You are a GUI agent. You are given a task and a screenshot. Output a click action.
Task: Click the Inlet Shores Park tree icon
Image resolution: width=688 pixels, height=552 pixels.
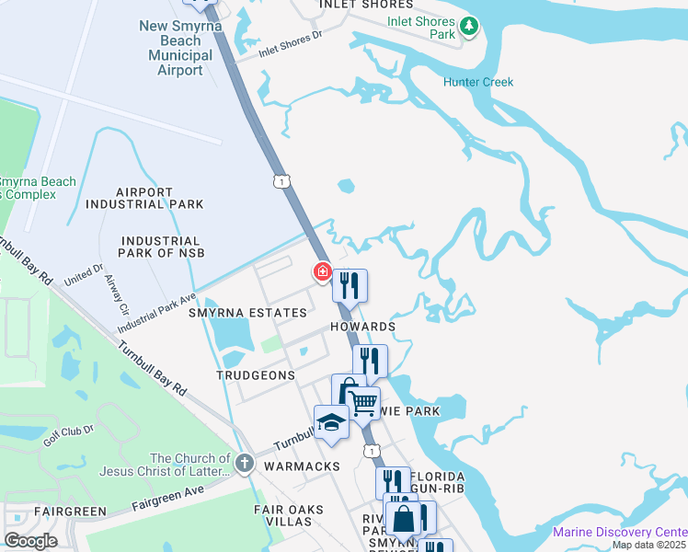(470, 27)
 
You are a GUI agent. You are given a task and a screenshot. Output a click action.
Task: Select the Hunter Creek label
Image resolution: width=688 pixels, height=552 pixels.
(478, 82)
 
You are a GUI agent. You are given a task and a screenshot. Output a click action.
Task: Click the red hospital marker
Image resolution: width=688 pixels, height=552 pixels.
(323, 271)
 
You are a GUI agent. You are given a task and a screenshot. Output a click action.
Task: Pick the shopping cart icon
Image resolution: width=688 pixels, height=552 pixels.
(362, 402)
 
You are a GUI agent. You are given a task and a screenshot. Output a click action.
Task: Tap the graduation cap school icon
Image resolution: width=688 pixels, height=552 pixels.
(331, 422)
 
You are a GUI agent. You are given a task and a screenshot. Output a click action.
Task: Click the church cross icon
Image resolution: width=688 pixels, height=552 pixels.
(244, 463)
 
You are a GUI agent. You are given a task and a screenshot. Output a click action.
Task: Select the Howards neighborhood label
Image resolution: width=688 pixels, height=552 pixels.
(363, 327)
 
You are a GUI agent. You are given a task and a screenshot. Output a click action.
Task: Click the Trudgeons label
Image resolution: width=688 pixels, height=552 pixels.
(256, 375)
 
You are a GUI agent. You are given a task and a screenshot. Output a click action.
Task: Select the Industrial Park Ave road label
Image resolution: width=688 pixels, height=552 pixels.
(156, 314)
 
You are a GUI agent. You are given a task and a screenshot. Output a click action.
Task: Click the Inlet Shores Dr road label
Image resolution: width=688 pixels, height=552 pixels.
(292, 43)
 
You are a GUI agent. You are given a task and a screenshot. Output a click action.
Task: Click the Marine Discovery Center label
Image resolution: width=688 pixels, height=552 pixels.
(619, 532)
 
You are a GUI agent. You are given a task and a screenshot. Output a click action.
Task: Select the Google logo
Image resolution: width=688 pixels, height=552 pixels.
(30, 541)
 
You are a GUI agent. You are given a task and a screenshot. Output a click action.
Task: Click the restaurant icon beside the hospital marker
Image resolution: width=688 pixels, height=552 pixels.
(350, 285)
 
